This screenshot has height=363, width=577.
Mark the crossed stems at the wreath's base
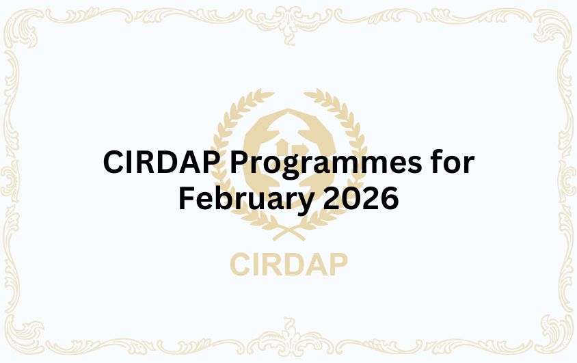pyautogui.click(x=288, y=232)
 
